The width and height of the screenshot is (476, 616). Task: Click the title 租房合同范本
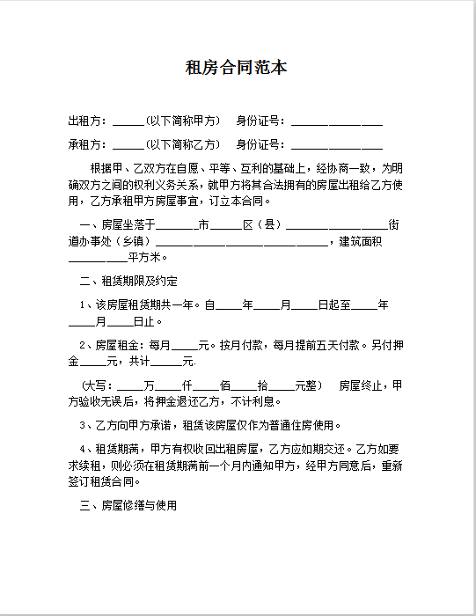pyautogui.click(x=238, y=68)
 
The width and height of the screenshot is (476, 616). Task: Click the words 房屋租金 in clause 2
pyautogui.click(x=119, y=345)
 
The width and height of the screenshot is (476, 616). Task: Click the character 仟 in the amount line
pyautogui.click(x=187, y=385)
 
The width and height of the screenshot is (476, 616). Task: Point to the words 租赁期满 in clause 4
pyautogui.click(x=119, y=449)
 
